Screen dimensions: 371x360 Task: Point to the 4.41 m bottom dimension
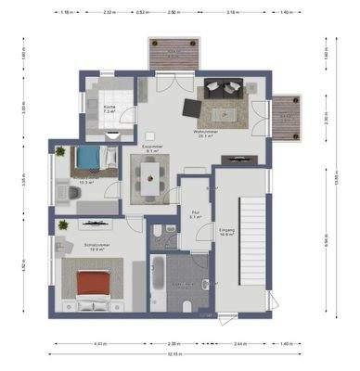coord(99,343)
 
